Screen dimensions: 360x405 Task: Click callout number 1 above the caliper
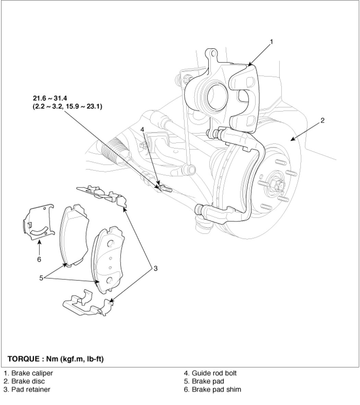tap(271, 42)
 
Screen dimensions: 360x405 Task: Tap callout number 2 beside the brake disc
tap(322, 120)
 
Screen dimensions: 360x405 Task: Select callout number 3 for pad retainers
tap(156, 268)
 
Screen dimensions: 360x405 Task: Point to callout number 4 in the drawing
tap(142, 130)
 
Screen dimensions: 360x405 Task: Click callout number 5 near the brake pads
tap(41, 278)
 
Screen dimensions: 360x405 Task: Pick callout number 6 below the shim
tap(39, 259)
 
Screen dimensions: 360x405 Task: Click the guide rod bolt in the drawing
tap(165, 188)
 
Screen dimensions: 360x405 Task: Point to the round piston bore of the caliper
tap(217, 96)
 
